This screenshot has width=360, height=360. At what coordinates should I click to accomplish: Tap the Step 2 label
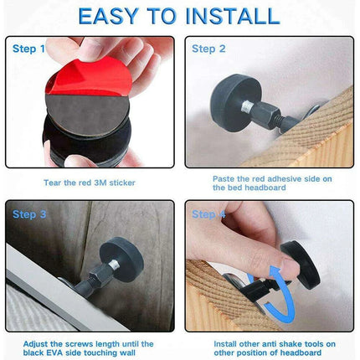(x=208, y=49)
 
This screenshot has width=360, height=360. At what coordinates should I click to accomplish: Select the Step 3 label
(x=30, y=213)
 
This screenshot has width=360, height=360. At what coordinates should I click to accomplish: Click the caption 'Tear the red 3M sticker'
(x=90, y=181)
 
